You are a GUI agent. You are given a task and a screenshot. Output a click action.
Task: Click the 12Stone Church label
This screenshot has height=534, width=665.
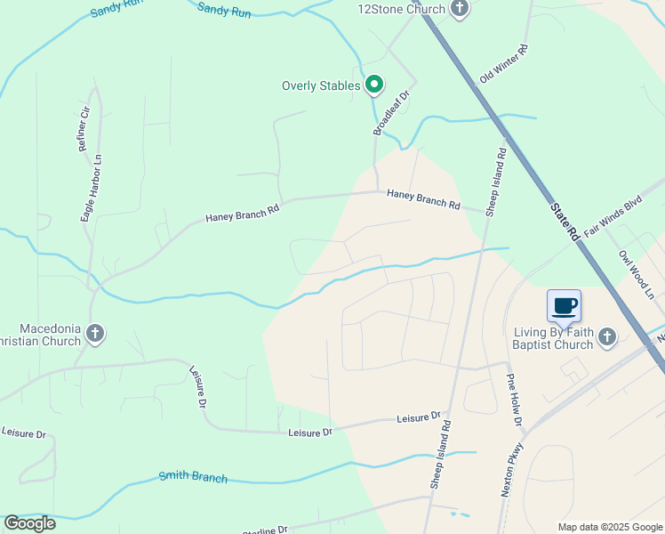click(400, 9)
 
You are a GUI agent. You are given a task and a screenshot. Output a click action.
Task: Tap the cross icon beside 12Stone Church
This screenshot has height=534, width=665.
click(460, 9)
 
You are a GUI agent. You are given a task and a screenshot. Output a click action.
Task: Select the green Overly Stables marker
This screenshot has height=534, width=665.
click(375, 85)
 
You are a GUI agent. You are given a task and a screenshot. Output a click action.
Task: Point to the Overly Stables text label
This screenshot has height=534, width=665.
click(321, 85)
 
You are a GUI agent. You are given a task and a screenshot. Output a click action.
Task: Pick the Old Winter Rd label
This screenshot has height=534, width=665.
click(503, 63)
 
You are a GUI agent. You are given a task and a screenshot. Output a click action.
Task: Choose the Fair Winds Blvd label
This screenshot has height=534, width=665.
click(613, 215)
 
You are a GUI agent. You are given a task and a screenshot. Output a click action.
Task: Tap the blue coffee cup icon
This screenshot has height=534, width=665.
click(564, 306)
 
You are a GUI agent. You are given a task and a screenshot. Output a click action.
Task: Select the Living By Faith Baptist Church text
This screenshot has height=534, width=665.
click(553, 339)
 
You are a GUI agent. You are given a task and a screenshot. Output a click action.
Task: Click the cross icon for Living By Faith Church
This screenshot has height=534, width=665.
click(607, 336)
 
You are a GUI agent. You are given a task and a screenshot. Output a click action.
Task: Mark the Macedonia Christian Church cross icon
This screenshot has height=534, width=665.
click(95, 335)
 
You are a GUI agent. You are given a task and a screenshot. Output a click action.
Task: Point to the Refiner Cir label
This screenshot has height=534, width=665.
click(85, 129)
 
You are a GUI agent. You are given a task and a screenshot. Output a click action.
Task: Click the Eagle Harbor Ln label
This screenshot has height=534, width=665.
click(87, 190)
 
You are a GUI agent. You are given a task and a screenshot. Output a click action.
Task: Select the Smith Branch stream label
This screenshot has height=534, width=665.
click(193, 477)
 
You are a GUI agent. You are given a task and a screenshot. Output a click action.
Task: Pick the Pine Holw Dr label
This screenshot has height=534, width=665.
click(514, 399)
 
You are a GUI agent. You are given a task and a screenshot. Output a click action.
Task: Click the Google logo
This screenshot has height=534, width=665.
click(29, 523)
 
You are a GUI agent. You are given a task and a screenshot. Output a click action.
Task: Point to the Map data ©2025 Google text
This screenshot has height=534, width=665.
click(609, 527)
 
